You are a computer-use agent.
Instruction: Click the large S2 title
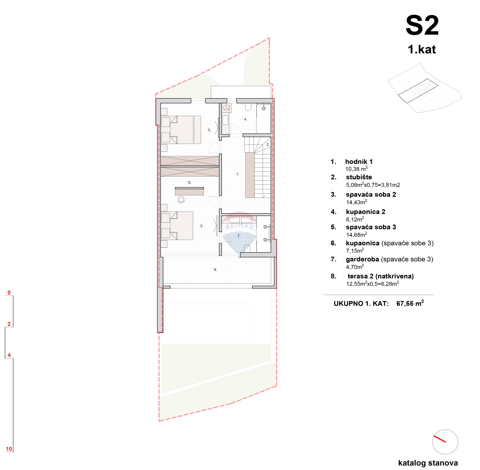(x=422, y=26)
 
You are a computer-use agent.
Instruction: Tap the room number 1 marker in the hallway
(x=237, y=174)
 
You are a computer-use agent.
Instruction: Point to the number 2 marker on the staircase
(x=268, y=144)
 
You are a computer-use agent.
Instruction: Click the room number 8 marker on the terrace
(x=215, y=270)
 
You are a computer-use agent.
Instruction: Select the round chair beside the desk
(x=181, y=199)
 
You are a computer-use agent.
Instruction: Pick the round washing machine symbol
(x=226, y=107)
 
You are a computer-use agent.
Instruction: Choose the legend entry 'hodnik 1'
(x=359, y=161)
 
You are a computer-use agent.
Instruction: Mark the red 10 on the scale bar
(x=9, y=449)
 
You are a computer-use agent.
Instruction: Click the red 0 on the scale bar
(x=9, y=293)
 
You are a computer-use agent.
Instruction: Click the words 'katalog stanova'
(x=428, y=463)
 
